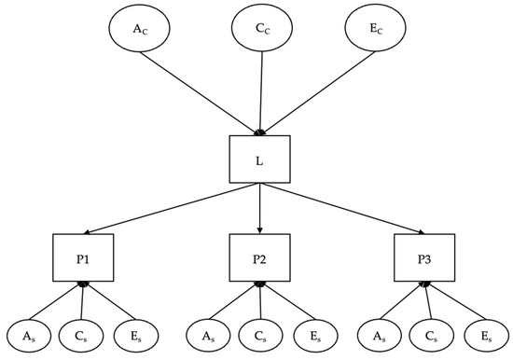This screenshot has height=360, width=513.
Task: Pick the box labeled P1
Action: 82,257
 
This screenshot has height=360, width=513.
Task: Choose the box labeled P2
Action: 260,257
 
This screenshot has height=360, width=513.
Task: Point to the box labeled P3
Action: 424,257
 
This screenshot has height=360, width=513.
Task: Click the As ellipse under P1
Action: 30,334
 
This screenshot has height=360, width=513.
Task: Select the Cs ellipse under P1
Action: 82,334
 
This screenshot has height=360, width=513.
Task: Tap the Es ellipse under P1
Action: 134,334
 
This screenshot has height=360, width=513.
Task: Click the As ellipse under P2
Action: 207,334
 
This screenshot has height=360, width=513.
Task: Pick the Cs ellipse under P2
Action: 260,334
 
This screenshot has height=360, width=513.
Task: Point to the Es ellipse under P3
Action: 483,334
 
